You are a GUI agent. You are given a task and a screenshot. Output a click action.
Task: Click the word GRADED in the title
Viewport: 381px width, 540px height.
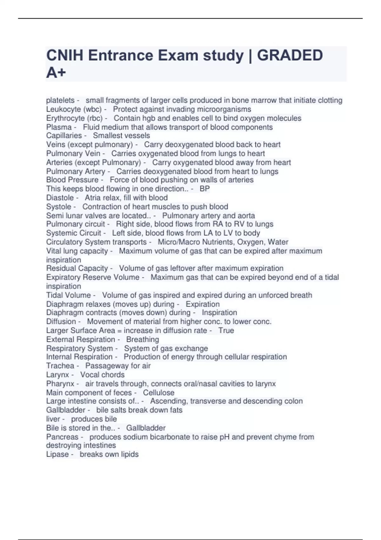coord(290,56)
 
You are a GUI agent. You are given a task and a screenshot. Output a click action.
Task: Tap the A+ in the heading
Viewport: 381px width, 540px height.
coord(56,72)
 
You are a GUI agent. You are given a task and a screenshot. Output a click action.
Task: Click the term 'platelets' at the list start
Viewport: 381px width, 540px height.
coord(60,100)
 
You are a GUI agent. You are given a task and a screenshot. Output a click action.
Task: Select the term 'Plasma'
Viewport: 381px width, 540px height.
coord(59,127)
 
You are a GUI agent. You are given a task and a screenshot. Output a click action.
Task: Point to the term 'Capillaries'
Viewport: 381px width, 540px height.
coord(64,136)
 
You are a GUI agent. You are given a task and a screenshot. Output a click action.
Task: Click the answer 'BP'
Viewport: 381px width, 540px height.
coord(204,189)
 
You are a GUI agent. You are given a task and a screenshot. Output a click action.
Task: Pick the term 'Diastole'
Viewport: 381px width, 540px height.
coord(60,198)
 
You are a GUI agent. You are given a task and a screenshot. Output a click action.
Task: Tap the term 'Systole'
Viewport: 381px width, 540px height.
coord(58,206)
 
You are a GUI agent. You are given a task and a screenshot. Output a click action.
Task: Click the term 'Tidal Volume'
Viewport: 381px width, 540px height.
coord(68,295)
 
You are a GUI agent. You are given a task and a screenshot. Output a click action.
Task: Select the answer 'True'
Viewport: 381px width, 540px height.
coord(226,330)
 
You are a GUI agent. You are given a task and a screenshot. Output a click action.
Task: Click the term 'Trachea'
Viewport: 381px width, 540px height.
coord(60,366)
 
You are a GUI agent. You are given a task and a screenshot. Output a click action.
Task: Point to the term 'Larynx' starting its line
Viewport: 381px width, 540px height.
coord(57,375)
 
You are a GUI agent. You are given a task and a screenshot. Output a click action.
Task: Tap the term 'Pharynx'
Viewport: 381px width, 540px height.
coord(60,384)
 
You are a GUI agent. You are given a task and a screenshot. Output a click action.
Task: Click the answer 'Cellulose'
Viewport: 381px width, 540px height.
coord(158,393)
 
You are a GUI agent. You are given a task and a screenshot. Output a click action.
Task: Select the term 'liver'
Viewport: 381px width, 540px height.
coord(53,419)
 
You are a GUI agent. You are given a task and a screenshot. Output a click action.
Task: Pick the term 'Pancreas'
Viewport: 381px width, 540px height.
coord(62,437)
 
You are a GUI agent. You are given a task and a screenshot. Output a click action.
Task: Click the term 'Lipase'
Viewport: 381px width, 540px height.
coord(57,454)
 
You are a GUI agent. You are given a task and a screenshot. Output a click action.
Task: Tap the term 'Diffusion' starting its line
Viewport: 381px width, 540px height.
coord(61,321)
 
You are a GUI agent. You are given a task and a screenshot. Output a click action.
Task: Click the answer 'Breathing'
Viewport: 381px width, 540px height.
coord(143,339)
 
